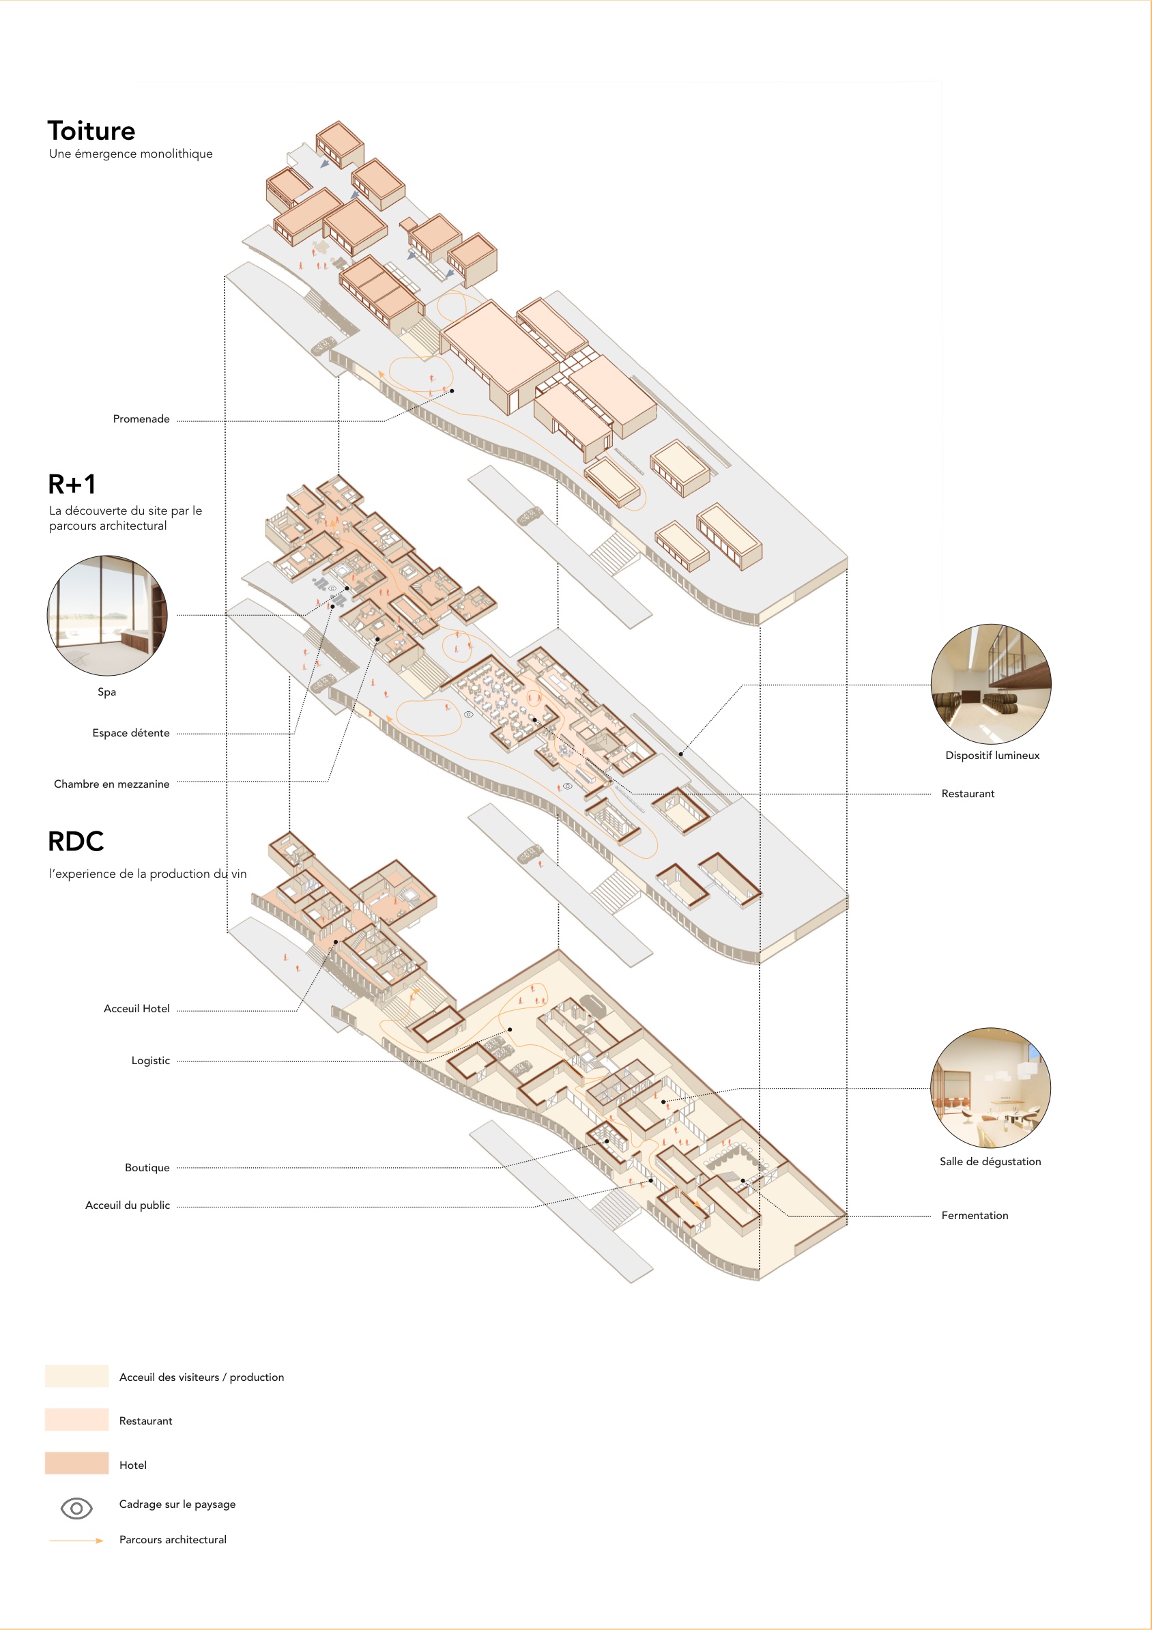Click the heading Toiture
pyautogui.click(x=91, y=130)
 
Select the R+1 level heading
pyautogui.click(x=72, y=484)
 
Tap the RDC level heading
pyautogui.click(x=76, y=841)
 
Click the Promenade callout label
pyautogui.click(x=141, y=419)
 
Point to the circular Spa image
pyautogui.click(x=107, y=615)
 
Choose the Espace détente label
pyautogui.click(x=130, y=732)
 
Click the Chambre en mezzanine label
pyautogui.click(x=111, y=784)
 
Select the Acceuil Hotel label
pyautogui.click(x=136, y=1009)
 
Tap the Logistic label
pyautogui.click(x=150, y=1061)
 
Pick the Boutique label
pyautogui.click(x=147, y=1168)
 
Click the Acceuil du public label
pyautogui.click(x=128, y=1205)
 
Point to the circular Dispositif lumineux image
pyautogui.click(x=991, y=685)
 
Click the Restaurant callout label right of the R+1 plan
pyautogui.click(x=968, y=794)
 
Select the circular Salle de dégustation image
pyautogui.click(x=991, y=1087)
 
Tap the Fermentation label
pyautogui.click(x=975, y=1216)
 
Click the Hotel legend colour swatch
pyautogui.click(x=76, y=1463)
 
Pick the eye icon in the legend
pyautogui.click(x=76, y=1508)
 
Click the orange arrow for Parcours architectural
pyautogui.click(x=76, y=1541)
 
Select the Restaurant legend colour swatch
pyautogui.click(x=76, y=1419)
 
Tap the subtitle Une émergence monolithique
pyautogui.click(x=130, y=154)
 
